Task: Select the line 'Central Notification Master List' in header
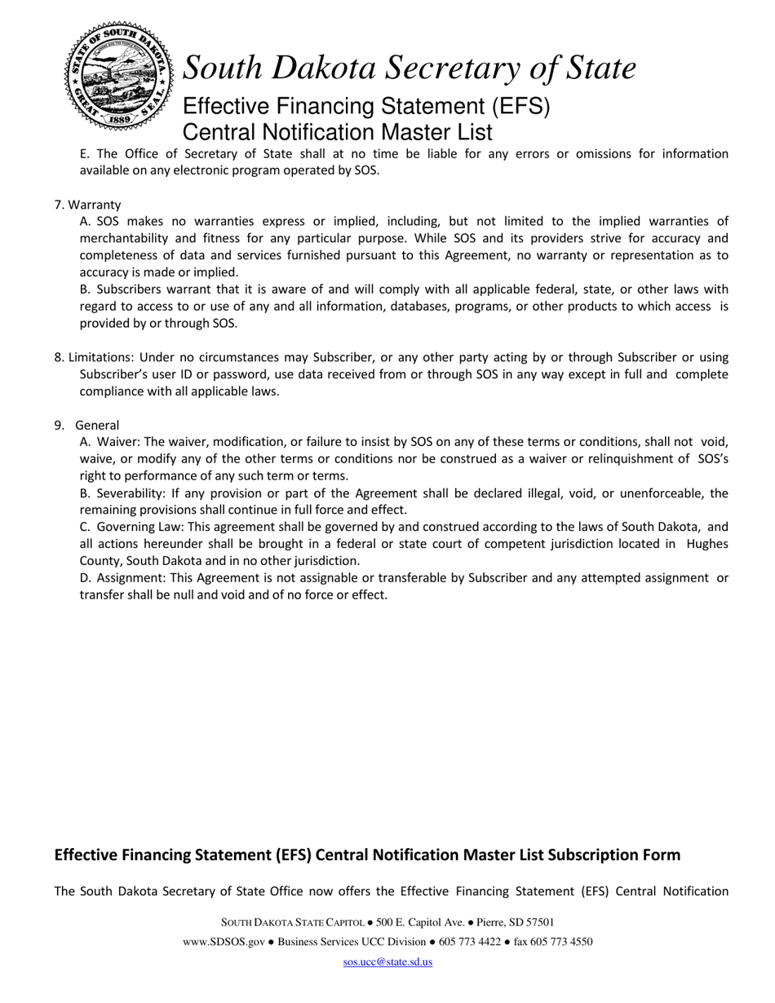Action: coord(337,132)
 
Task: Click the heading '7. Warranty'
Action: coord(87,205)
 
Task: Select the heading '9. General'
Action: coord(87,425)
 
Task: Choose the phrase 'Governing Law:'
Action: coord(140,527)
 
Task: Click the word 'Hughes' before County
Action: coord(707,544)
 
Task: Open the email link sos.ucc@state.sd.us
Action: coord(387,962)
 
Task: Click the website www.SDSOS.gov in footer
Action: coord(224,942)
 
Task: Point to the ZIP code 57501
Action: coord(538,922)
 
